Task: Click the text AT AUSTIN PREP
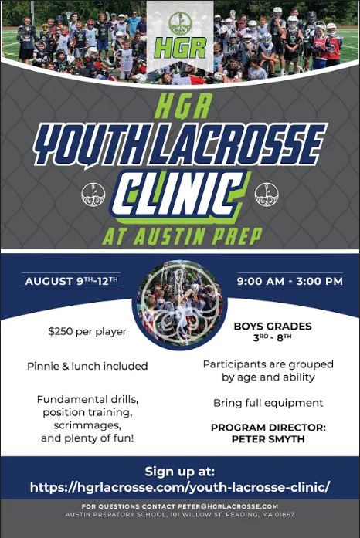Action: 182,236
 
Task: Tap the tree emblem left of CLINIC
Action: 93,195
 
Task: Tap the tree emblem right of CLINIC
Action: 267,195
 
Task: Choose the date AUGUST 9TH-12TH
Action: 71,282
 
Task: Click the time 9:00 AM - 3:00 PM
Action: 290,282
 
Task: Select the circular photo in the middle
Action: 180,304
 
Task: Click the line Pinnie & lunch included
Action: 87,366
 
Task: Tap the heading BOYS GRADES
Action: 273,326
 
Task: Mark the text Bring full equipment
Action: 268,403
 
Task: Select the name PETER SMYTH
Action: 268,439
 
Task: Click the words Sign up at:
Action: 180,472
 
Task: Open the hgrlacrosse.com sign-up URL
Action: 180,487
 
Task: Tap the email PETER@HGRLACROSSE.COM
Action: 228,506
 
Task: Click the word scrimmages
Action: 87,425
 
